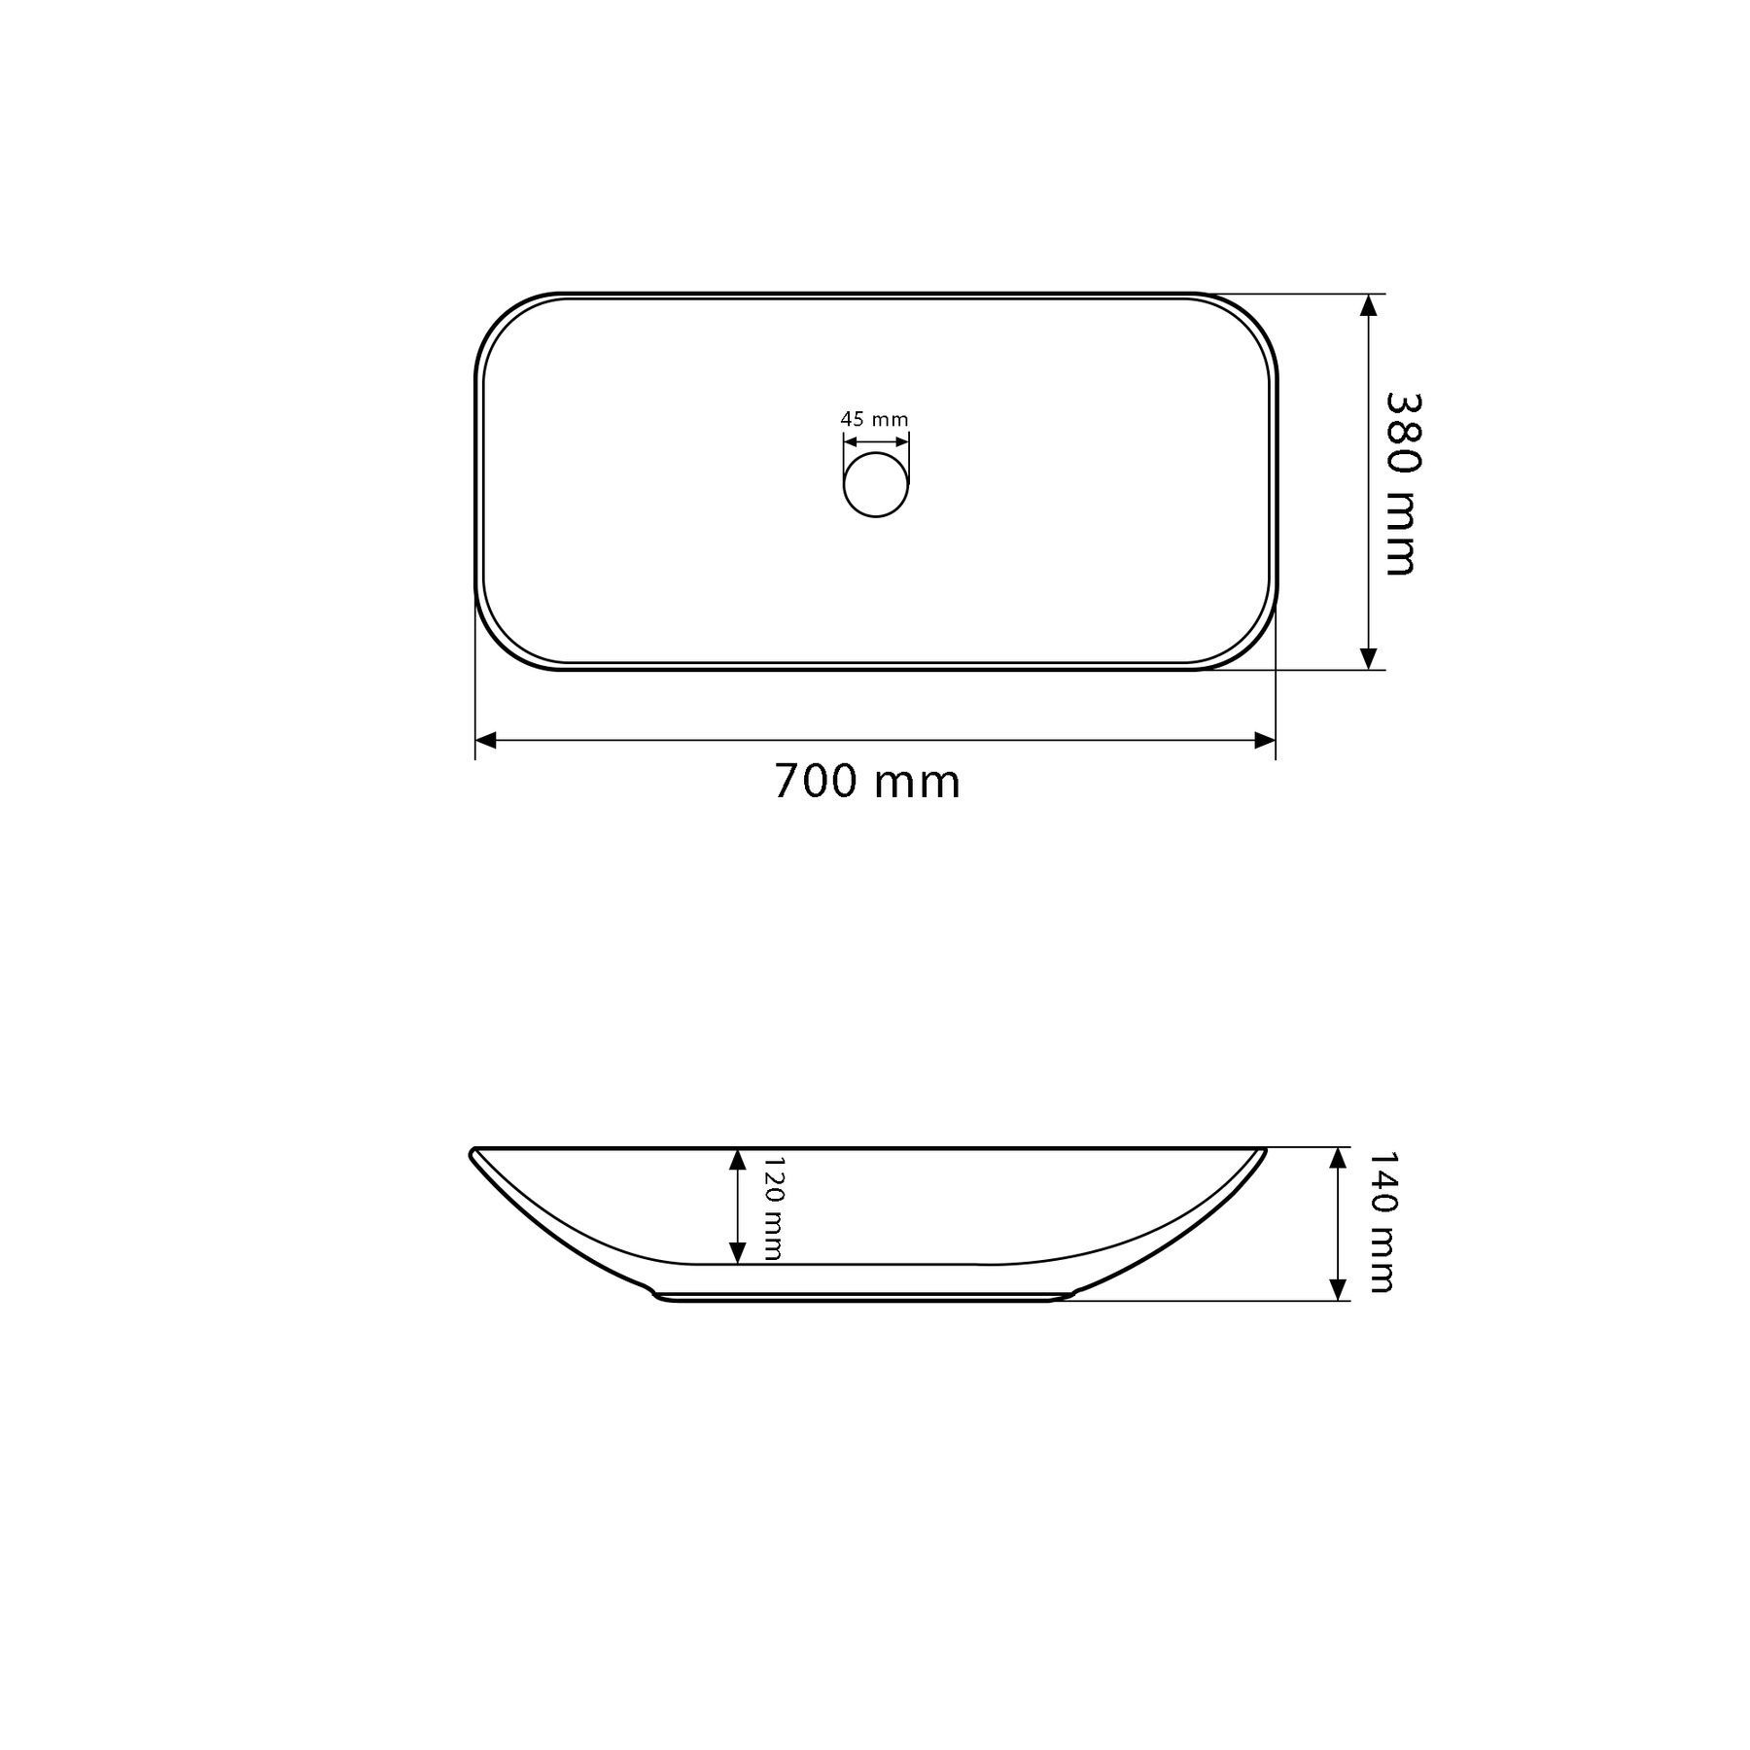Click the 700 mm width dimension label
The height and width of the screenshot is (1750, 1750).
(867, 782)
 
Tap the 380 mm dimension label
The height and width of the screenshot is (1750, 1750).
(1401, 483)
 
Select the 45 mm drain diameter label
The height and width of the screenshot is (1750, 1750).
(874, 420)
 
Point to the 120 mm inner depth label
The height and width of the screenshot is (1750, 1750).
(772, 1207)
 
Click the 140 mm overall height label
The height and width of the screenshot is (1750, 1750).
(1382, 1222)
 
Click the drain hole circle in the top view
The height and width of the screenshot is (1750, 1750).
(876, 484)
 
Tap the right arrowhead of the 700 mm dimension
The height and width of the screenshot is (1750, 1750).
(1264, 741)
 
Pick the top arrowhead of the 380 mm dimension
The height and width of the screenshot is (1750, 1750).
(1369, 305)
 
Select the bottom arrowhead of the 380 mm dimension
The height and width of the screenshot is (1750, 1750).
(1369, 658)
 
